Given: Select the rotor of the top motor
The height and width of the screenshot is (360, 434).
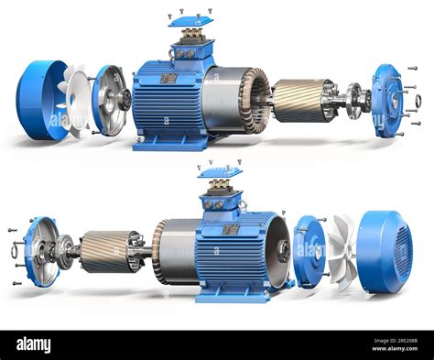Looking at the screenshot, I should coord(302,100).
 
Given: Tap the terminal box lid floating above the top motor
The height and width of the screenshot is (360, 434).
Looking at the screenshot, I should coord(190,20).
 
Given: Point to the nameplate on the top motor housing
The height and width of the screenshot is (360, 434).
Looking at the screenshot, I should coord(168,78).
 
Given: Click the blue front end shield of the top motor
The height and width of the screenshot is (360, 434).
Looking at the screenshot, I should coord(387,101).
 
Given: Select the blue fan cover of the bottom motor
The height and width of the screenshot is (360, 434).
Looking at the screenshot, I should coord(386,252).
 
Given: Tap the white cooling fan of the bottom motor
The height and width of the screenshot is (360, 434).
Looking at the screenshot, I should coord(342,252).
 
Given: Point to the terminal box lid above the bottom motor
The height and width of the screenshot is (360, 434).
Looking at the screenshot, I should coord(221,171).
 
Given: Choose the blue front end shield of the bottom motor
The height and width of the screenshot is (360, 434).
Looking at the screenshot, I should coord(40,252).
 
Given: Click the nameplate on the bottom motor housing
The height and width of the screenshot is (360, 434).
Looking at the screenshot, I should coord(231,229).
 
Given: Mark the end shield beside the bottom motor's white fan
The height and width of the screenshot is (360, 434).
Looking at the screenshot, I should coord(309,252).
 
